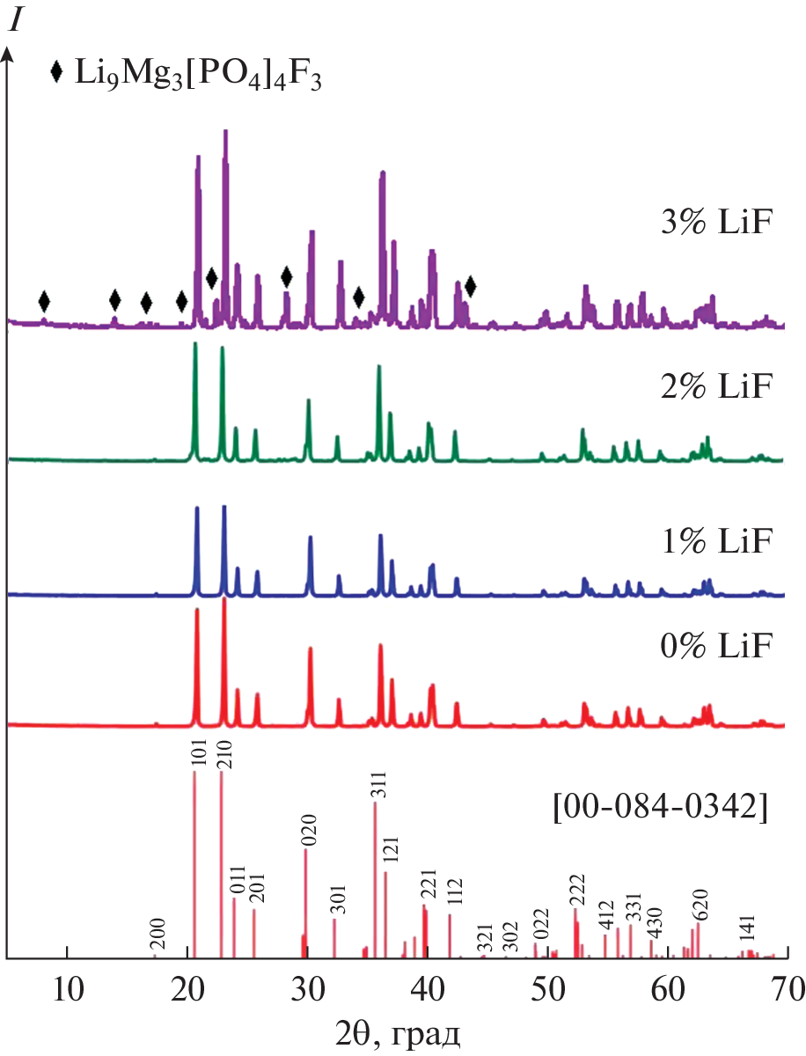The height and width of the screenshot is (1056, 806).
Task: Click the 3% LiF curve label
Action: [715, 224]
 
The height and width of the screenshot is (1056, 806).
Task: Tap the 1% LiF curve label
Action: [715, 539]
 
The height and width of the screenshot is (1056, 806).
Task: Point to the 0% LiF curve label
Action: [715, 649]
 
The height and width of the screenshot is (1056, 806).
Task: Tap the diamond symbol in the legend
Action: [57, 73]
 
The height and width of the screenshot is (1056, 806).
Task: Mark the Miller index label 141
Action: [747, 929]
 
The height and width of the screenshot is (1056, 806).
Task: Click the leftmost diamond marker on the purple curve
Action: [44, 302]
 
